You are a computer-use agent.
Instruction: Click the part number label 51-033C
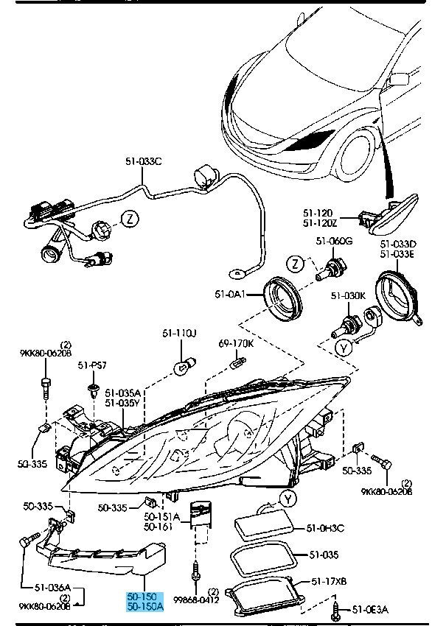click(144, 161)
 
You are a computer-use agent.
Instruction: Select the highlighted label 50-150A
click(145, 606)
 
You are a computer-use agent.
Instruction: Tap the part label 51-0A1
click(230, 295)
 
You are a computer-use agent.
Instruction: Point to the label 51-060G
click(334, 241)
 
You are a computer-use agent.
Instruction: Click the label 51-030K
click(349, 296)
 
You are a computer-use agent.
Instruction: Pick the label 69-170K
click(236, 343)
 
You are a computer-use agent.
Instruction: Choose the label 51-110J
click(179, 333)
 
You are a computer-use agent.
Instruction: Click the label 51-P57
click(92, 365)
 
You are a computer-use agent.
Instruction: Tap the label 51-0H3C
click(325, 528)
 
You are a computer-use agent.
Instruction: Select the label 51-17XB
click(329, 582)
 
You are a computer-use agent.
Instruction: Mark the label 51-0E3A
click(369, 610)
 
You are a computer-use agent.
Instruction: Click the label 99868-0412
click(196, 599)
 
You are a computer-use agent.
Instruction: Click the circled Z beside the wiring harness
click(130, 219)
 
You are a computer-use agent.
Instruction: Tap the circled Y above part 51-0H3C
click(288, 499)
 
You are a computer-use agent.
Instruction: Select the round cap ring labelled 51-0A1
click(283, 298)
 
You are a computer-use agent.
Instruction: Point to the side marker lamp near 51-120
click(394, 214)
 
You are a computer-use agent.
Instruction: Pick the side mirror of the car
click(398, 80)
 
